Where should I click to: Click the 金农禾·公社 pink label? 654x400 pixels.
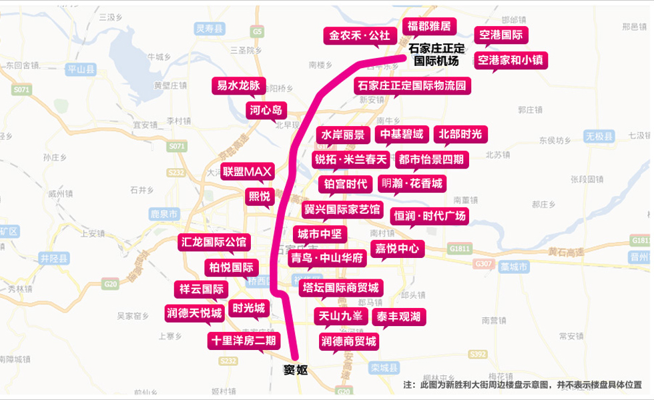tap(359, 35)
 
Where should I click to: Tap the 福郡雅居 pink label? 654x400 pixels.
tap(428, 27)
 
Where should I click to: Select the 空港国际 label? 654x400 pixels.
tap(501, 35)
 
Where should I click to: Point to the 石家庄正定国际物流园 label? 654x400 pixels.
tap(412, 85)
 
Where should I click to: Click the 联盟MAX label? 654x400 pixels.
tap(247, 172)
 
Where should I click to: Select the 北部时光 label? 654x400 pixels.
tap(460, 134)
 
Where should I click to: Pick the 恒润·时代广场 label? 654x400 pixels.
tap(428, 216)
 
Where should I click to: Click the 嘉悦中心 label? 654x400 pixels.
tap(396, 249)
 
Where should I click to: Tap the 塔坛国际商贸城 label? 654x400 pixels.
tap(340, 287)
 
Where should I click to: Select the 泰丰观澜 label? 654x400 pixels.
tap(398, 317)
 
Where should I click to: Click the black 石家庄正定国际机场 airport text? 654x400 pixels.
tap(436, 54)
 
